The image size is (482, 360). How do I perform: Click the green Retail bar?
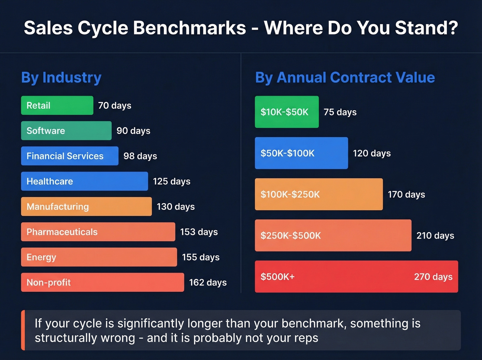[57, 105]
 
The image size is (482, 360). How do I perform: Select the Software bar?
[66, 131]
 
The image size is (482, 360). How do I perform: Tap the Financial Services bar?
[70, 156]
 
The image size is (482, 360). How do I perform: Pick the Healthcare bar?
[84, 181]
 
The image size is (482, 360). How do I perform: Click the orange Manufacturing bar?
[86, 207]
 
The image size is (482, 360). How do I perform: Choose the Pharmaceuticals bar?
[98, 232]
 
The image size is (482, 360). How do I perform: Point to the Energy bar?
[99, 257]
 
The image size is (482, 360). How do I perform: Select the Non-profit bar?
[102, 282]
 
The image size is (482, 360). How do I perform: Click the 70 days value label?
[115, 105]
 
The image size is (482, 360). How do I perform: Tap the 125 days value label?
[171, 181]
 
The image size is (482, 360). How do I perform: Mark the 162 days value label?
[208, 282]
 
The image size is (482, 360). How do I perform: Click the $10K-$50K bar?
[286, 112]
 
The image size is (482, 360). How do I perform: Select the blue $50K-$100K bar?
[301, 153]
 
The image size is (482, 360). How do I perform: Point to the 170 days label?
[406, 195]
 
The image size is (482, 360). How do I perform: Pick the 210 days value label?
[435, 236]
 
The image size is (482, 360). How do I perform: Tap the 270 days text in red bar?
[433, 277]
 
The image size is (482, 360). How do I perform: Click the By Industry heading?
[61, 78]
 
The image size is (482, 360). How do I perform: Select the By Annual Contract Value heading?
[345, 78]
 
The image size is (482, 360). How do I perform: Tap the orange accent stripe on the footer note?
[23, 330]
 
